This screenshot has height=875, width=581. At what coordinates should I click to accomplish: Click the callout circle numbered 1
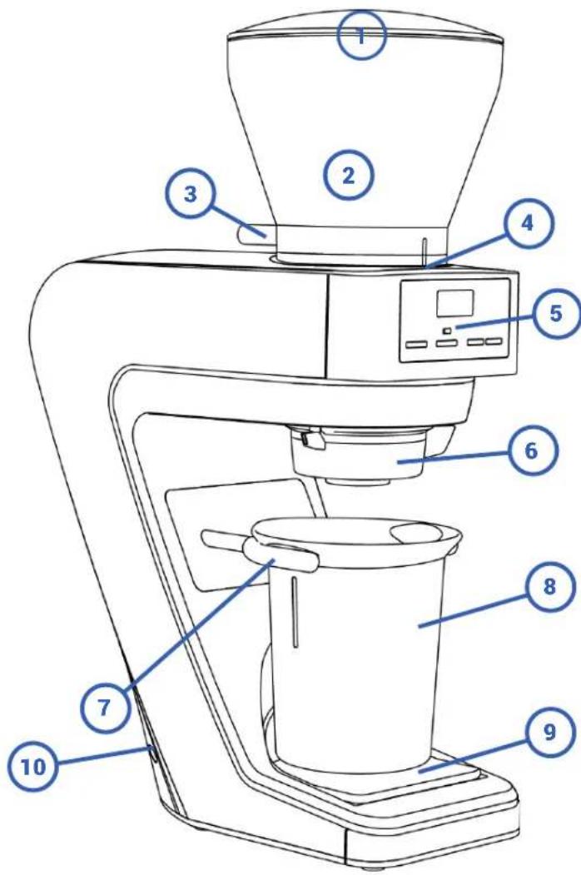click(362, 34)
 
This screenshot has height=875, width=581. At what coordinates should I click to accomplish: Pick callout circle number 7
click(104, 706)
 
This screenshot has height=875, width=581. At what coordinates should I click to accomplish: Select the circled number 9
click(549, 733)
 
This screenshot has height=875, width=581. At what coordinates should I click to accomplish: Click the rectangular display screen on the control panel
click(455, 302)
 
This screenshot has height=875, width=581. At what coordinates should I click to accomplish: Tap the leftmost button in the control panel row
click(417, 343)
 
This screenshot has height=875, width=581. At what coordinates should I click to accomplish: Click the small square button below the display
click(448, 331)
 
